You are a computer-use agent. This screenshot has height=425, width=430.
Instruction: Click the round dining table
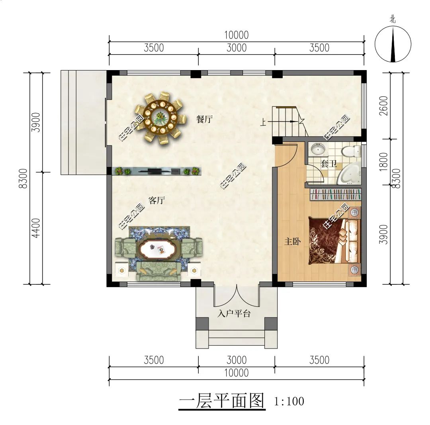(160, 117)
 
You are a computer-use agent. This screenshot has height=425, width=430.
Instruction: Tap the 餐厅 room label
(204, 119)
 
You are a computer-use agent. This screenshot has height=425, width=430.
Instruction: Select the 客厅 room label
(156, 201)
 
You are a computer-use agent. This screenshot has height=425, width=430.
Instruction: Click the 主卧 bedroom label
(292, 242)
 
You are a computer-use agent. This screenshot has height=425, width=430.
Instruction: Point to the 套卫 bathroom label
(328, 164)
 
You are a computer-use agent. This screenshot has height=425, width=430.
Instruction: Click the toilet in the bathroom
(351, 151)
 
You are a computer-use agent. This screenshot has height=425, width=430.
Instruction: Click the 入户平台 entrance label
(234, 313)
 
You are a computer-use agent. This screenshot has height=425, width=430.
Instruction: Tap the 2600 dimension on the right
(384, 106)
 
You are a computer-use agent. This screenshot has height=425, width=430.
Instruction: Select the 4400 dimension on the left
(36, 228)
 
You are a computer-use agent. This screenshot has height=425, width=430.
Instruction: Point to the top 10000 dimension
(236, 35)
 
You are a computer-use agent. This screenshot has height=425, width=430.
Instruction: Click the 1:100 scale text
(289, 401)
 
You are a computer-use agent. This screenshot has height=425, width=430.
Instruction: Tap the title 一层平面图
(222, 401)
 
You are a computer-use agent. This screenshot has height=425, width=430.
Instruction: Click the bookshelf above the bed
(335, 194)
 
